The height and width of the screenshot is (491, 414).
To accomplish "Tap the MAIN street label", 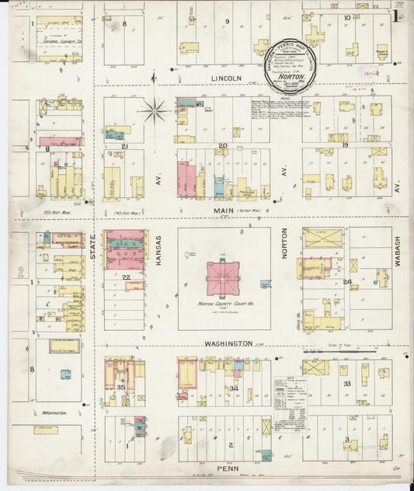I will (x=223, y=209).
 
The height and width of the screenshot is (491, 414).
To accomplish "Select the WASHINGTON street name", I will (x=228, y=343).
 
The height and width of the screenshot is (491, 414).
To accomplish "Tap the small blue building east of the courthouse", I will (x=266, y=284).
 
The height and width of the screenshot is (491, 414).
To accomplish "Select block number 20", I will (x=222, y=145).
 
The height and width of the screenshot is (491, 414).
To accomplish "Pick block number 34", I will (x=233, y=388).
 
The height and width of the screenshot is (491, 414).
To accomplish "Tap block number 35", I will (x=120, y=386).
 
